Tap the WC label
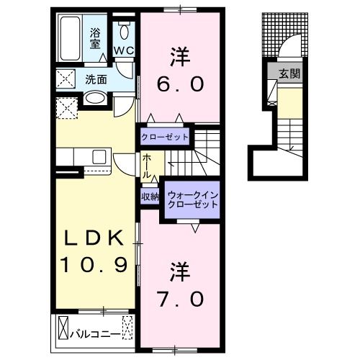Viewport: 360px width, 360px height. [x=123, y=50]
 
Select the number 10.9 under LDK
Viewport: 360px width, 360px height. [x=94, y=265]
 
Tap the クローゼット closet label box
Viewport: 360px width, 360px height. [x=164, y=136]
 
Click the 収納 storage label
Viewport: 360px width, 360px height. [x=150, y=196]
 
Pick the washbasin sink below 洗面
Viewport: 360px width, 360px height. [x=94, y=98]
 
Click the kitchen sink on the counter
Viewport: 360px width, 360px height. [x=99, y=156]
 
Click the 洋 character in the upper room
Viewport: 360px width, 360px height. [x=179, y=55]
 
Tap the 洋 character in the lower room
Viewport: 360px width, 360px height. [x=179, y=270]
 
